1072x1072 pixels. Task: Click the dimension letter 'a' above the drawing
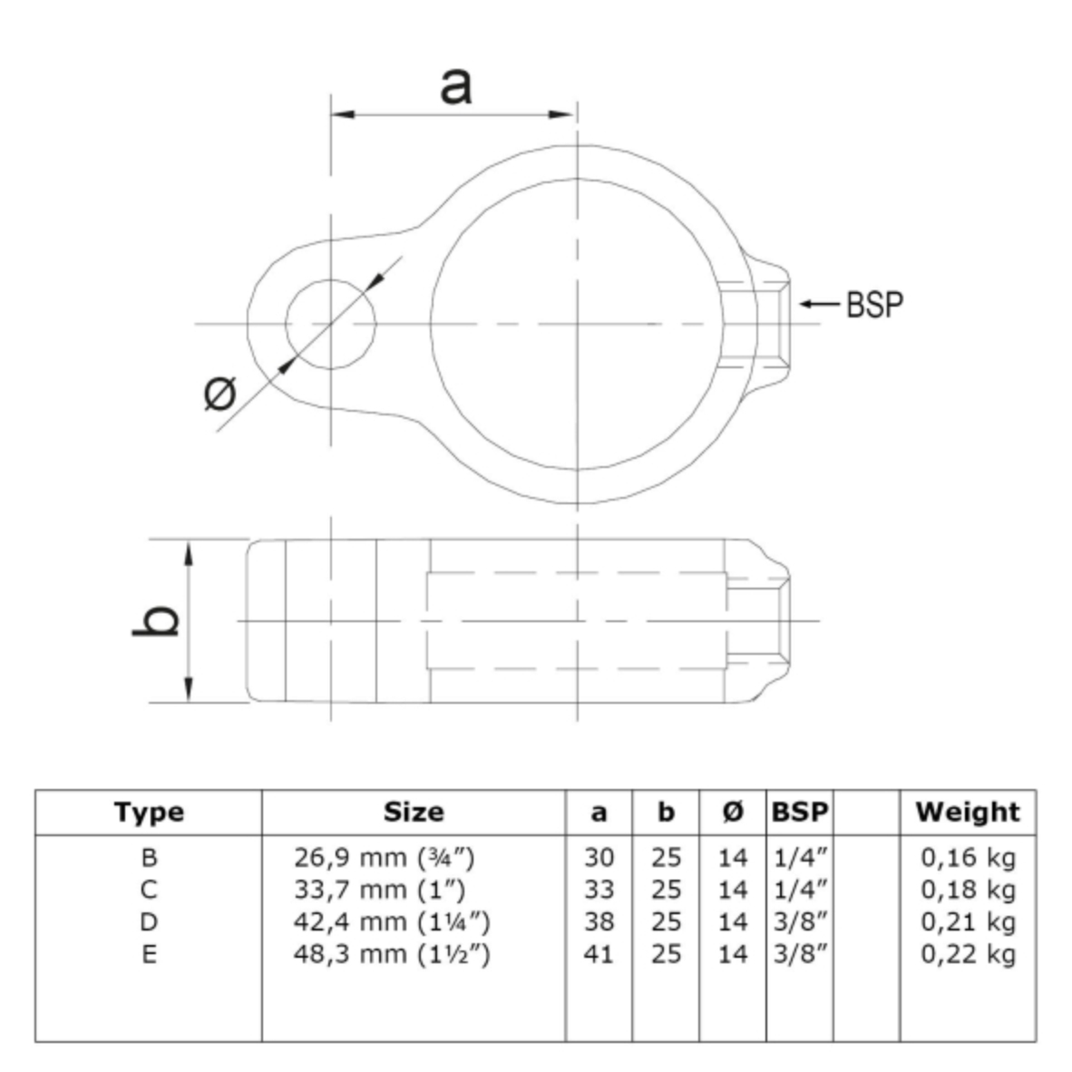point(455,86)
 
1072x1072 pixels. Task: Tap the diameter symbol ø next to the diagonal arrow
point(220,393)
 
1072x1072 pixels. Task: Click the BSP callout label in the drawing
point(874,304)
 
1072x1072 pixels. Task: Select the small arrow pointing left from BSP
point(819,304)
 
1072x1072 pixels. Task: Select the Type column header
point(149,813)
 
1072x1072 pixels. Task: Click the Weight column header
point(968,813)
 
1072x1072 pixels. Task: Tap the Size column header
point(414,813)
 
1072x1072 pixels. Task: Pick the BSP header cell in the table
point(800,813)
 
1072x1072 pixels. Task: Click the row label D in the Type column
point(149,921)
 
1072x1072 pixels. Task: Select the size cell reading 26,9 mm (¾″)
point(385,857)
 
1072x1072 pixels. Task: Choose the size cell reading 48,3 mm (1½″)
point(392,954)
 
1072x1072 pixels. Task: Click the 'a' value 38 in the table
point(599,921)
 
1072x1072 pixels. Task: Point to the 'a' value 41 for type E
point(599,954)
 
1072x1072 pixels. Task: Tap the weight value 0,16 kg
point(968,857)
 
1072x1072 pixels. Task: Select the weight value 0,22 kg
point(968,954)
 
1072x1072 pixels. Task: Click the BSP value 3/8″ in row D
point(801,921)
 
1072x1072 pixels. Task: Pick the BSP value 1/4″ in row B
point(801,857)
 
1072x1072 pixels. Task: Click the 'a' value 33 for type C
point(599,890)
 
